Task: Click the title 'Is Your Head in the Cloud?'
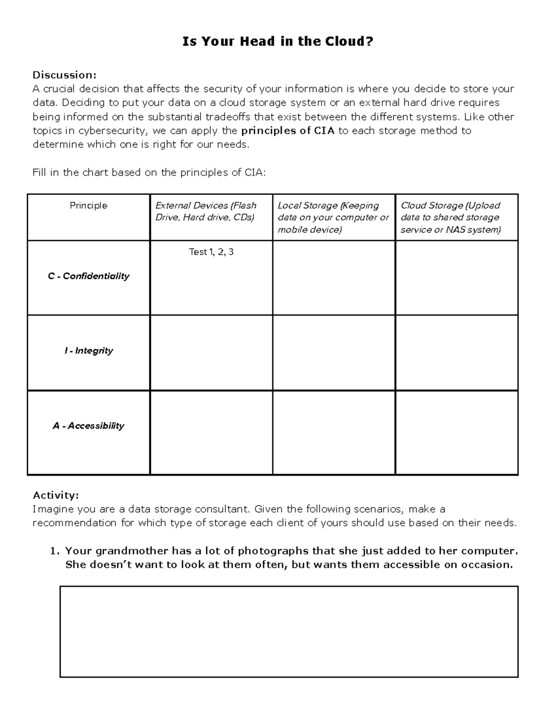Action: (x=278, y=42)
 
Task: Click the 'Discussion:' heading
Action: (x=64, y=75)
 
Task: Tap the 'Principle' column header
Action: (x=88, y=206)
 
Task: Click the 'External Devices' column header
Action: (x=206, y=211)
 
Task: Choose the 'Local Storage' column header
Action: (x=333, y=217)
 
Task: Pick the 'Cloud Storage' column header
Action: (x=450, y=217)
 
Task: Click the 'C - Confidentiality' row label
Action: (x=88, y=276)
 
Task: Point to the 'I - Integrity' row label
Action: (x=88, y=350)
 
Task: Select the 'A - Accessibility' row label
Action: (x=88, y=425)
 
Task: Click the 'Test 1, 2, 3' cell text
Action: (x=211, y=252)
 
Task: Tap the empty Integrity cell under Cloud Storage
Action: (x=456, y=352)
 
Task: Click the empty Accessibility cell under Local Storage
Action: (x=334, y=432)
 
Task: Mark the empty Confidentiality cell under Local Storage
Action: (x=334, y=278)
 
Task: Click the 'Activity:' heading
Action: (x=56, y=495)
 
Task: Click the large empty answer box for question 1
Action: (x=289, y=631)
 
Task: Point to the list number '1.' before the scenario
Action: (x=55, y=551)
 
